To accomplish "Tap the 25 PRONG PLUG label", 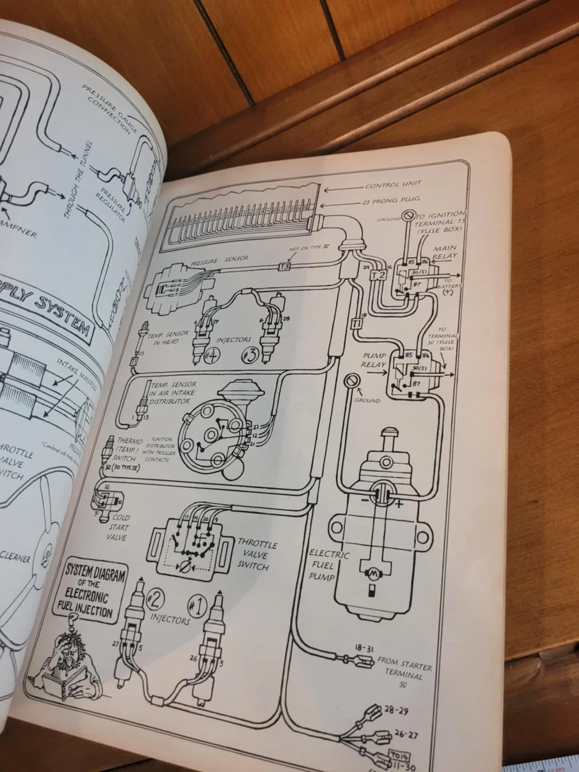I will pyautogui.click(x=385, y=202).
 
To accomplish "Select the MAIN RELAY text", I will pyautogui.click(x=444, y=252).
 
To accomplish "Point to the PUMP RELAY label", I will pyautogui.click(x=374, y=360).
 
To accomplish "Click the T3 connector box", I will pyautogui.click(x=285, y=266).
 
